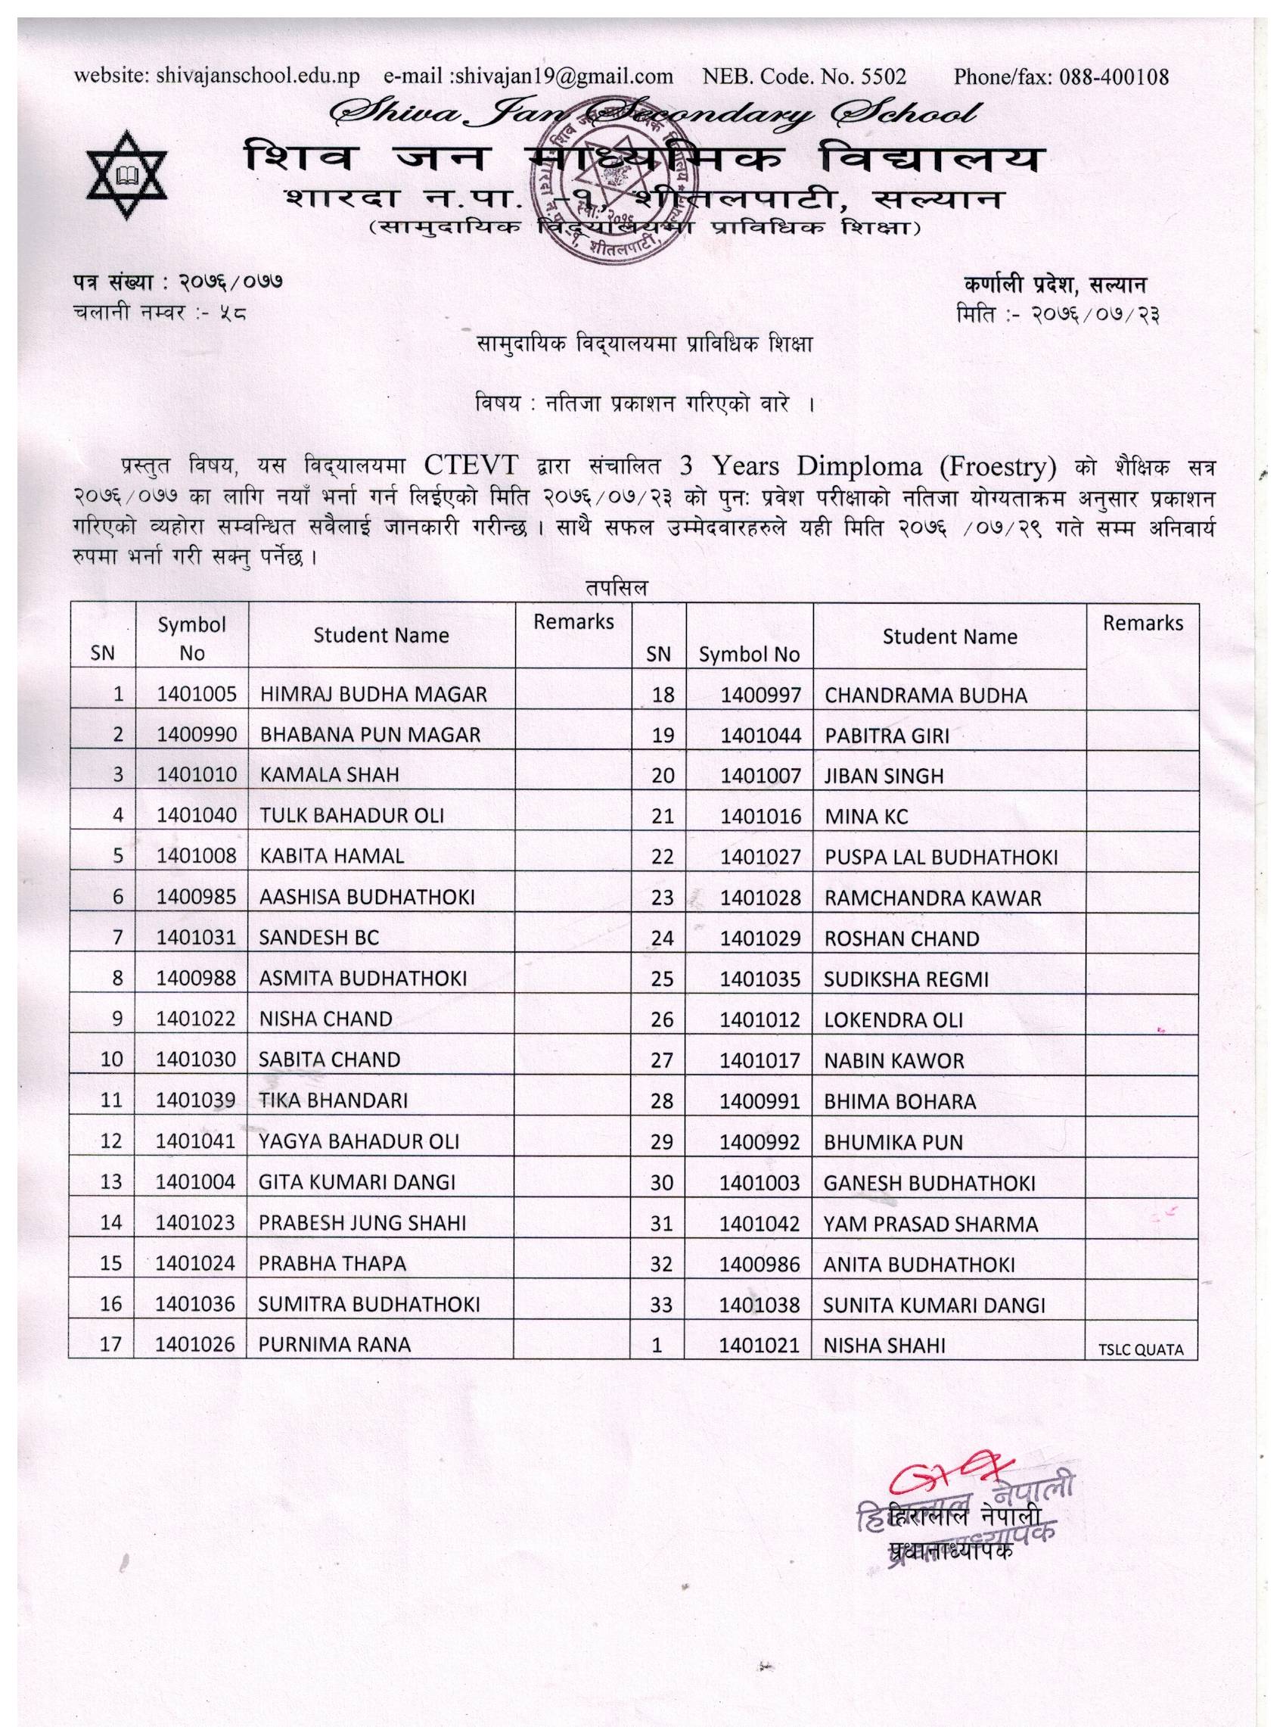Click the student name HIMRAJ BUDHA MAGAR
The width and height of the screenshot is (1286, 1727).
374,694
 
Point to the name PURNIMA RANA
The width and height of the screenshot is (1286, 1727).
334,1345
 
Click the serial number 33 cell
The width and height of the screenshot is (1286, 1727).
661,1304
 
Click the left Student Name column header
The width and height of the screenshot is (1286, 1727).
381,636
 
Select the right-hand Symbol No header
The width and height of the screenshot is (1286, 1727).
749,655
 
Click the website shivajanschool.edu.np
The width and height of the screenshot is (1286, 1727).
258,76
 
